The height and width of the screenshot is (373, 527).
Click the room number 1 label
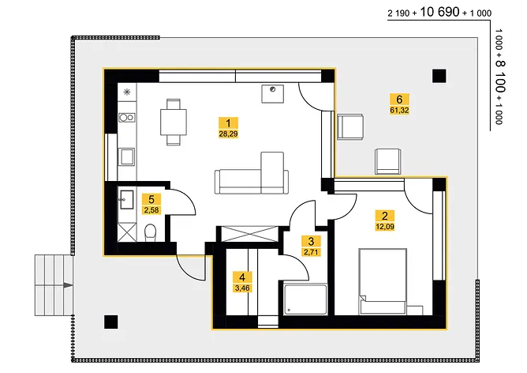228,122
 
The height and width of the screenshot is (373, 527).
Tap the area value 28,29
228,134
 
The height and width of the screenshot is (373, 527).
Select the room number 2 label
385,216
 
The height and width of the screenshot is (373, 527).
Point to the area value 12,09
385,227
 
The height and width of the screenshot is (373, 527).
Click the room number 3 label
311,241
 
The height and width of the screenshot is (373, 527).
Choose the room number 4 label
242,277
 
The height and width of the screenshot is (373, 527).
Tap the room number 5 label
151,199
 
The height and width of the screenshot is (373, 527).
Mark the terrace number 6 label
399,100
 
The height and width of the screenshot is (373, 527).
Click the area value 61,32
399,110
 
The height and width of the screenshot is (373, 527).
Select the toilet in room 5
150,233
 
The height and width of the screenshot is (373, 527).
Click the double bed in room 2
383,281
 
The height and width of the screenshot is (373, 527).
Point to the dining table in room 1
174,122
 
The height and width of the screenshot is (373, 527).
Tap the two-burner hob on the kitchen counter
127,118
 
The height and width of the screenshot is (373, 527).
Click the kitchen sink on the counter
127,157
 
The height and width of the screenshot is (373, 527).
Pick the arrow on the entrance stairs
68,285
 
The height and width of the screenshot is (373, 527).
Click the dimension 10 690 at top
439,12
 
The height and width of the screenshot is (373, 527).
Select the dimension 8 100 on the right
500,77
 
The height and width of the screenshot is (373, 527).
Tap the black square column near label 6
439,76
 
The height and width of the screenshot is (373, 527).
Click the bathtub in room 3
305,300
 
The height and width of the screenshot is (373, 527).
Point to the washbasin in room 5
127,199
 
